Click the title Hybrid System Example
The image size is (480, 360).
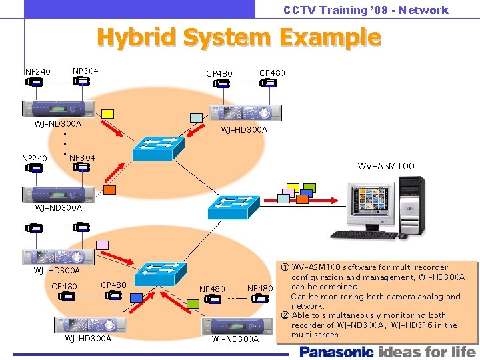[x=239, y=37]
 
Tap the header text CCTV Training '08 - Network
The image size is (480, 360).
[x=365, y=10]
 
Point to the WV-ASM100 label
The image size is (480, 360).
[x=386, y=165]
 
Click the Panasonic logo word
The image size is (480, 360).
[x=337, y=351]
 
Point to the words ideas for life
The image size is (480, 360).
[x=427, y=351]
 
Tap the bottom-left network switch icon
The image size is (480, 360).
[x=159, y=273]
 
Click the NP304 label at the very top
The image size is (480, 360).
[x=85, y=70]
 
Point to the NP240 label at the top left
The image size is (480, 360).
[x=37, y=71]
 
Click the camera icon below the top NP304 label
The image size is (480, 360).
[x=81, y=82]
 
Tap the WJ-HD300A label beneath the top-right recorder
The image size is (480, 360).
[x=244, y=129]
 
